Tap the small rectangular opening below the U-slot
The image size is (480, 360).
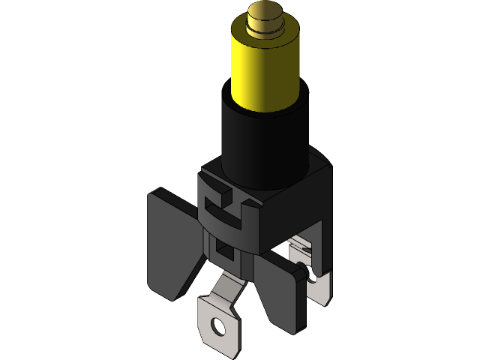(223, 248)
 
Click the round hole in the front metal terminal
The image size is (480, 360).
(218, 326)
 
